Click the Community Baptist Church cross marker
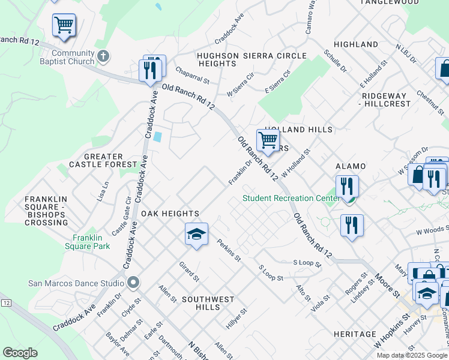coord(103,56)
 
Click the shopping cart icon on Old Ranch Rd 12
coord(267,140)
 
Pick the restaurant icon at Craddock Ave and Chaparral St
coord(151,69)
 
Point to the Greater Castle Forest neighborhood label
coord(104,160)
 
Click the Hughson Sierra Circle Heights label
coord(252,59)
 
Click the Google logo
coord(20,353)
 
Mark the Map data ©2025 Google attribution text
coord(412,355)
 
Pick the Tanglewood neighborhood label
coord(389,2)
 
